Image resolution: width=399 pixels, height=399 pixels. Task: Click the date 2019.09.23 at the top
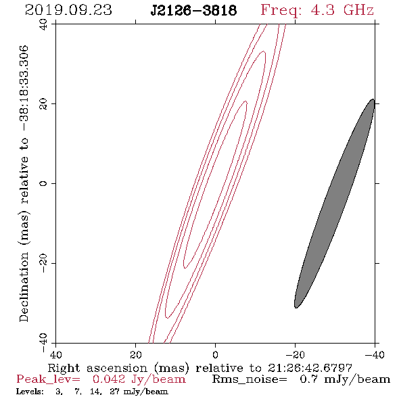tap(68, 10)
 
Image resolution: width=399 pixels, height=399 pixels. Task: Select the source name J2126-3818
tap(194, 11)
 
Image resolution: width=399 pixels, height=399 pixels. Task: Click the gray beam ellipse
tap(334, 204)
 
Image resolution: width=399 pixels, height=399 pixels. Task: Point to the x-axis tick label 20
tap(135, 355)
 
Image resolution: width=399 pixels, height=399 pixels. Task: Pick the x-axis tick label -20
tap(295, 355)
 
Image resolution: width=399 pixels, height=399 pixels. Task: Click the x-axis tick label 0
tap(215, 355)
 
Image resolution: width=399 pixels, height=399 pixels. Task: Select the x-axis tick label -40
tap(375, 355)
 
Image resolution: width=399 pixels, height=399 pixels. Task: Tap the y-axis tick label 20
tap(43, 104)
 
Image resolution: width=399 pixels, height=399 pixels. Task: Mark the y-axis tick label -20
tap(43, 263)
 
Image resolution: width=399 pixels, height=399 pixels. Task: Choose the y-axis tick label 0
tap(43, 183)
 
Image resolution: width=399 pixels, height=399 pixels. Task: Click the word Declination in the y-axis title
tap(24, 287)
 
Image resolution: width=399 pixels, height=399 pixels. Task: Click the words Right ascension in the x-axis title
tap(97, 368)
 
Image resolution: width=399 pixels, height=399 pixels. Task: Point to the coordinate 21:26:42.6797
tap(310, 368)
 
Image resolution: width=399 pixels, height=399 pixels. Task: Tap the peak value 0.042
tap(109, 379)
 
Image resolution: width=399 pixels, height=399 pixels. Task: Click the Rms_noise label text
tap(250, 379)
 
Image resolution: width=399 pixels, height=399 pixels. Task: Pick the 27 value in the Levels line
tap(114, 392)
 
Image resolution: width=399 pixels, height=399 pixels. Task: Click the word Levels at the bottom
tap(30, 392)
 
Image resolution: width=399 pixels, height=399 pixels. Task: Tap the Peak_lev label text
tap(48, 379)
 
